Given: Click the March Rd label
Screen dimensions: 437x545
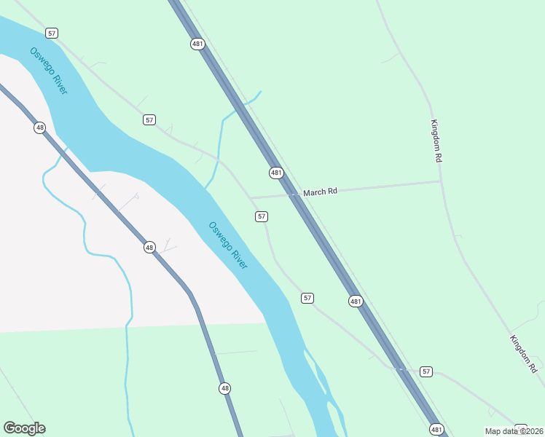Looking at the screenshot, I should [x=321, y=192].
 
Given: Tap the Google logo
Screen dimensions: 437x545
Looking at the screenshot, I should [x=24, y=428].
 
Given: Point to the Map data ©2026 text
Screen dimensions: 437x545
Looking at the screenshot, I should [x=513, y=430].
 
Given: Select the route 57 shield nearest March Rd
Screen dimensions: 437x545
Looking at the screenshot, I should [x=262, y=216].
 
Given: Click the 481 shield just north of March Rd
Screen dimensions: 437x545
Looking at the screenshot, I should [x=276, y=173].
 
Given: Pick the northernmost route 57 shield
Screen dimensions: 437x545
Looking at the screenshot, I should [x=51, y=33].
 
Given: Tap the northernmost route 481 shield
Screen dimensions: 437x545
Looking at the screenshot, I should [x=198, y=44].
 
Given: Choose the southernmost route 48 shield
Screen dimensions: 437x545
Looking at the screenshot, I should [x=224, y=388].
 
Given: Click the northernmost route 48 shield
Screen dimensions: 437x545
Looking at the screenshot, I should [x=39, y=127].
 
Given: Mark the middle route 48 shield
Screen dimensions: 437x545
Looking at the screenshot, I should [x=149, y=247].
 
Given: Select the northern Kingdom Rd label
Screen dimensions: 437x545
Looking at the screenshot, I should [x=436, y=141].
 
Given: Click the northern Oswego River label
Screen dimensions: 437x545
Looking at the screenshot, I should [x=49, y=71].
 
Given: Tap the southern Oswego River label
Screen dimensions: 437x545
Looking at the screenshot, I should [x=228, y=245].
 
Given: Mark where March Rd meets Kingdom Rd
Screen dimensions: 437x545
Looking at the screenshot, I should [x=441, y=181].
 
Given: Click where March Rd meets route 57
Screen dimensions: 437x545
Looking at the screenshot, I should [x=251, y=197].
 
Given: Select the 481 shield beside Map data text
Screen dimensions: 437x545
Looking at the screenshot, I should [x=436, y=429].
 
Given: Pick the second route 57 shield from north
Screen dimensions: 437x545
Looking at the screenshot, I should [x=149, y=119].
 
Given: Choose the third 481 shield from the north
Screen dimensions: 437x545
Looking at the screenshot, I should [x=355, y=301].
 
